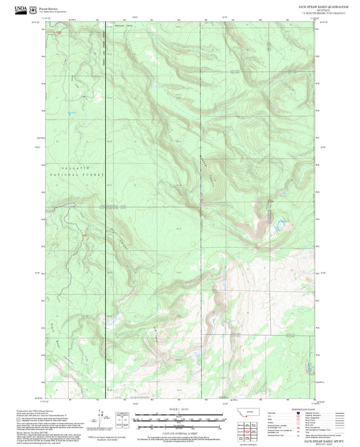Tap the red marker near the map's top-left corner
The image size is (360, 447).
(x=59, y=32)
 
